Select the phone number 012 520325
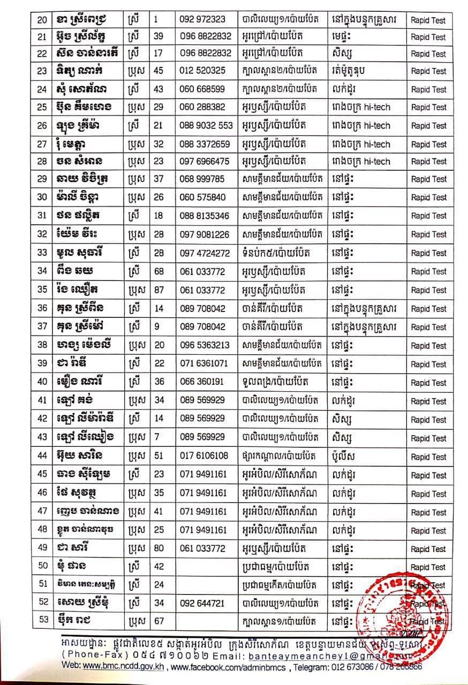(202, 71)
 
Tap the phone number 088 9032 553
(207, 126)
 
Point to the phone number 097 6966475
(205, 161)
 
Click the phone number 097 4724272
(205, 253)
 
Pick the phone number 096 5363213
(205, 345)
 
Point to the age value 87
(158, 290)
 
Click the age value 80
(158, 549)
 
